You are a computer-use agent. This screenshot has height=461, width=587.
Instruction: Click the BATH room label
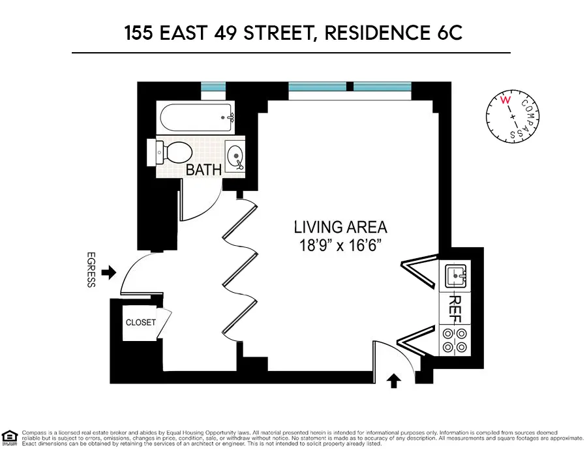pos(204,170)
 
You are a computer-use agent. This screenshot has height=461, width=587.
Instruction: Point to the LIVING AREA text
pos(340,228)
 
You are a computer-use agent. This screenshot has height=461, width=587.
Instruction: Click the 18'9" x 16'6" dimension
pos(340,245)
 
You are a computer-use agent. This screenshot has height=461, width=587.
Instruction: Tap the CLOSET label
pos(141,323)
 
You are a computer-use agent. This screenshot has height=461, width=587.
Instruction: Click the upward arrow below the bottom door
pos(393,380)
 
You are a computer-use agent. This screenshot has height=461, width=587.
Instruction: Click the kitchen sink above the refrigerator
pos(455,276)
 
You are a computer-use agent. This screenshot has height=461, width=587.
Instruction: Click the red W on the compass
pos(504,100)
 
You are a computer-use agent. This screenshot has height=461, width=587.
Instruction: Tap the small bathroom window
pos(213,87)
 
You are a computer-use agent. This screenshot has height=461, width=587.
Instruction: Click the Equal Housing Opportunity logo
pos(10,436)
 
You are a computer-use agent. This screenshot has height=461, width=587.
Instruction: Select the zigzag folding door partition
pos(238,267)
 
